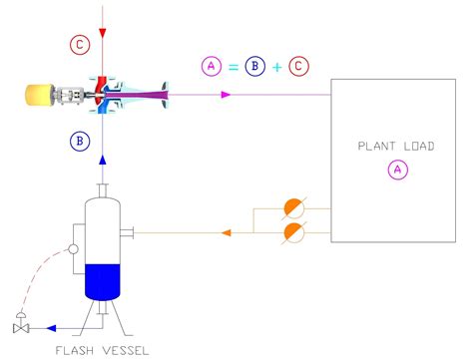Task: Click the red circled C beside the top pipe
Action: (x=79, y=44)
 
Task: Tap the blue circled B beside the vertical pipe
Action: (x=80, y=141)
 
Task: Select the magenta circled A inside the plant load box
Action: (x=397, y=171)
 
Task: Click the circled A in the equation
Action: (x=211, y=66)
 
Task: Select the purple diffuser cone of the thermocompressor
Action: (x=147, y=96)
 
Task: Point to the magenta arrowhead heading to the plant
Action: (x=227, y=96)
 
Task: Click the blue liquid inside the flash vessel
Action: (x=104, y=280)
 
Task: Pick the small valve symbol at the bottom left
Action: (x=20, y=326)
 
